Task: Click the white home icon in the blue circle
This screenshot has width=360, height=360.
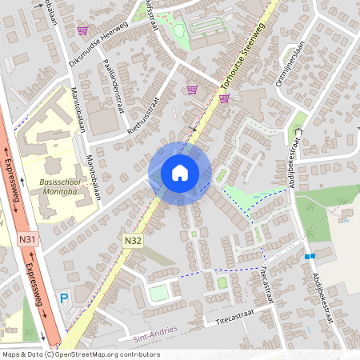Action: pyautogui.click(x=179, y=172)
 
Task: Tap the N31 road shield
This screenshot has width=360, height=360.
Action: pyautogui.click(x=27, y=238)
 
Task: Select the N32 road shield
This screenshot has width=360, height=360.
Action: pyautogui.click(x=133, y=239)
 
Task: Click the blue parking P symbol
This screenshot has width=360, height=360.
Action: pyautogui.click(x=64, y=298)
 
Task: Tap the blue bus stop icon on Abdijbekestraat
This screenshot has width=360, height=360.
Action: pyautogui.click(x=310, y=256)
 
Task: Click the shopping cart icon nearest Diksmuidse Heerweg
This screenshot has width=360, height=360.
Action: pyautogui.click(x=82, y=30)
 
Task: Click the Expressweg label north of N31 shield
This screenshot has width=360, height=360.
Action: pyautogui.click(x=14, y=183)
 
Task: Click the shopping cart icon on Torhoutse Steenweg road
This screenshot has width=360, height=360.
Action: pyautogui.click(x=224, y=98)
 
